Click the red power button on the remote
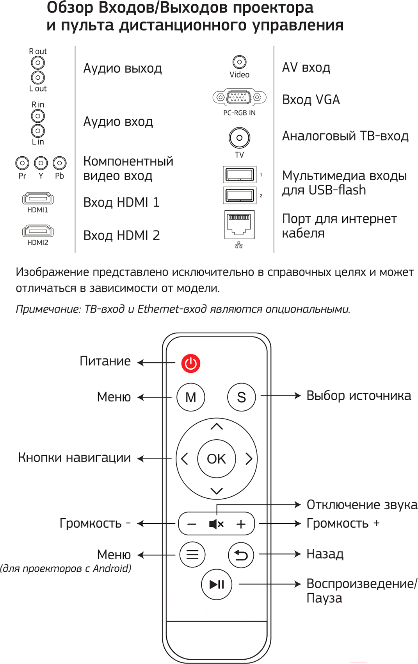(190, 363)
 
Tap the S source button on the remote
(241, 397)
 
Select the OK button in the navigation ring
(216, 459)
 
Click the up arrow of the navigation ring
(217, 426)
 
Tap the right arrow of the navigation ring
(249, 459)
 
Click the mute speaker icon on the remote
(216, 524)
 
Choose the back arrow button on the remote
(241, 555)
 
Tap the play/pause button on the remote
(216, 585)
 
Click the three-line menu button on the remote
(192, 554)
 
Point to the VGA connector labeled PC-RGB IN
(239, 97)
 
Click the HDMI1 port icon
(38, 199)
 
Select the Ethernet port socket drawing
(239, 224)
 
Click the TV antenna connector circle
(239, 138)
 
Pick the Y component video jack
(41, 163)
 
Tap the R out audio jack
(38, 63)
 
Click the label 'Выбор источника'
(359, 396)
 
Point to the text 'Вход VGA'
(311, 100)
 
